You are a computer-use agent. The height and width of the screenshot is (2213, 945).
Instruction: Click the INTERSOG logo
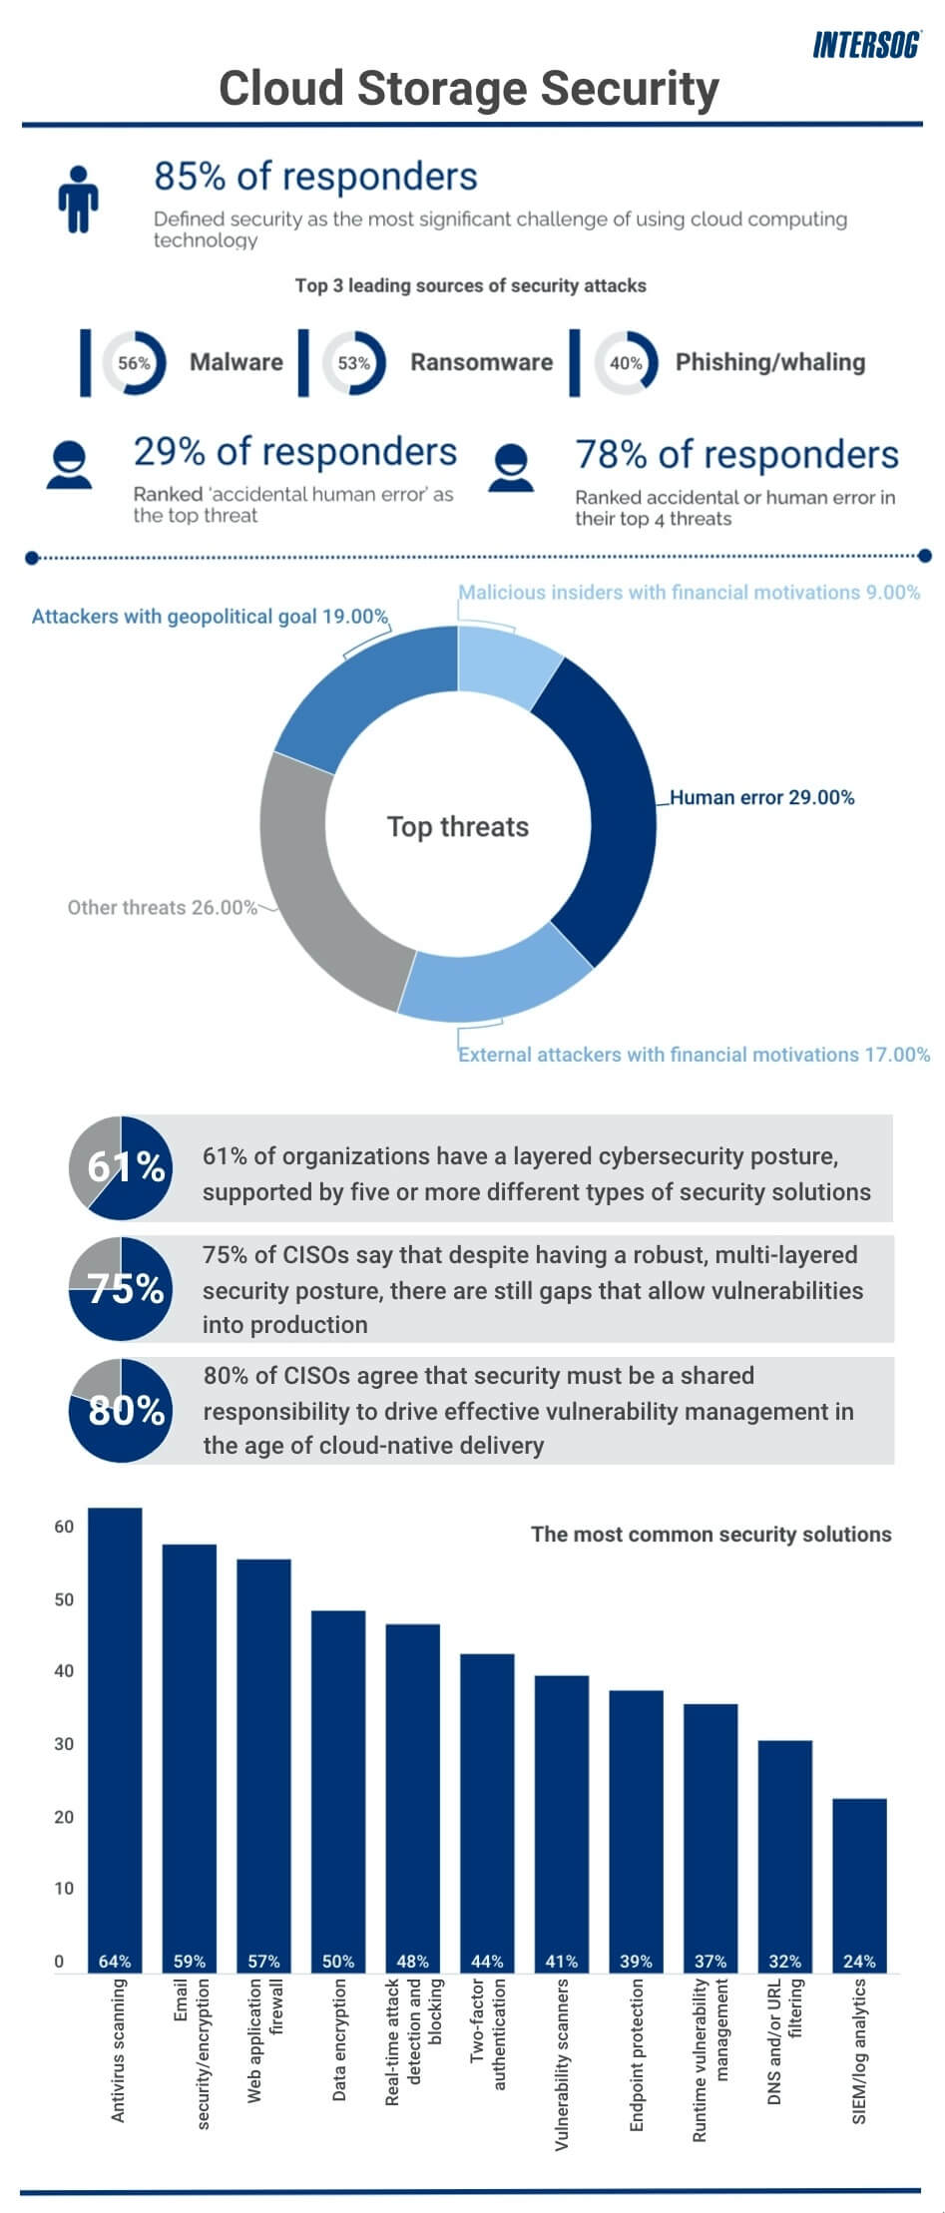tap(865, 45)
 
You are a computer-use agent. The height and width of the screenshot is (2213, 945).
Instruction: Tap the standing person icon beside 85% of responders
tap(77, 199)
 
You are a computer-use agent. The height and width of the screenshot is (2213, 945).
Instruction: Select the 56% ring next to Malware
tap(134, 363)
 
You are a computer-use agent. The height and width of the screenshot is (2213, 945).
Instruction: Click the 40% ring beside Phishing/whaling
tap(626, 363)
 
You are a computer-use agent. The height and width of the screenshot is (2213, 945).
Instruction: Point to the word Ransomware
tap(481, 362)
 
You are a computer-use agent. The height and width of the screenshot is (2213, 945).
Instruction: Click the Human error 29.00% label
tap(761, 797)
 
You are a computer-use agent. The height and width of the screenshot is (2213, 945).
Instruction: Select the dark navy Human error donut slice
tap(604, 808)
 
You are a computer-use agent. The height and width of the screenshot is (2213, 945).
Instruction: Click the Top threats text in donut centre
tap(458, 826)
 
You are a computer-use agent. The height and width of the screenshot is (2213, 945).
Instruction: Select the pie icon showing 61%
tap(121, 1166)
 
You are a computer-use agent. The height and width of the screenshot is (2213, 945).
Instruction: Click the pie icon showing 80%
tap(121, 1409)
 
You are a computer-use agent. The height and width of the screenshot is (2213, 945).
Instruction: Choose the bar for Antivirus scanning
tap(115, 1736)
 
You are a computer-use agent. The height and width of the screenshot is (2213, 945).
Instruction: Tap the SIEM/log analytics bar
tap(859, 1886)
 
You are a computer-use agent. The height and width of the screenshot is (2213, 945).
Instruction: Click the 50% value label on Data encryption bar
tap(338, 1961)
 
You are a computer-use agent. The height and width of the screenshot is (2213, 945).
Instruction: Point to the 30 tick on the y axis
tap(64, 1743)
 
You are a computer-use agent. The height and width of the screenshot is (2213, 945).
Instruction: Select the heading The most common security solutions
tap(710, 1534)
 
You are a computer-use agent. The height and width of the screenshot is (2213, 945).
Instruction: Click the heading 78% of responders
tap(736, 454)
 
